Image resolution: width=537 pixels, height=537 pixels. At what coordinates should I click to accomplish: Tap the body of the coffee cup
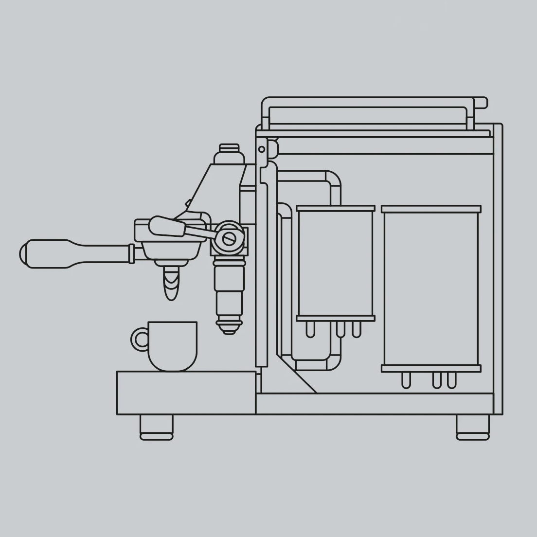[x=173, y=345]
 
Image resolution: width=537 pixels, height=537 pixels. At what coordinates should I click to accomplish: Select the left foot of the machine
[x=156, y=427]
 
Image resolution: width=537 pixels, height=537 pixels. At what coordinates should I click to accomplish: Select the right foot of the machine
[x=472, y=427]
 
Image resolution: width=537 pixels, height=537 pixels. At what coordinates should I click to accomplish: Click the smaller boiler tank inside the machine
[x=336, y=263]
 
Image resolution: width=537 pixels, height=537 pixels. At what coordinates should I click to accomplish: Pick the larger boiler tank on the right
[x=431, y=287]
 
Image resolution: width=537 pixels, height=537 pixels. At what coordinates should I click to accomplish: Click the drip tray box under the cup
[x=186, y=393]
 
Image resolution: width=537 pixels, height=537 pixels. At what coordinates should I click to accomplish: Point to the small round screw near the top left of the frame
[x=262, y=149]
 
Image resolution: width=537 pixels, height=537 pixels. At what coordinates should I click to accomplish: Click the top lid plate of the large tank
[x=431, y=209]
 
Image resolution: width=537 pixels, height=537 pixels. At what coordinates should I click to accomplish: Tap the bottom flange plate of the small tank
[x=336, y=319]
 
